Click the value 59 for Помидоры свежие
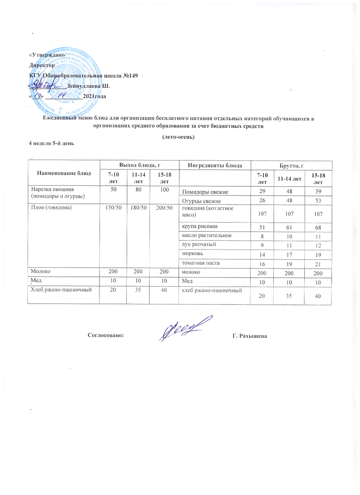317,192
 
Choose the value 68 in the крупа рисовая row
317,228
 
